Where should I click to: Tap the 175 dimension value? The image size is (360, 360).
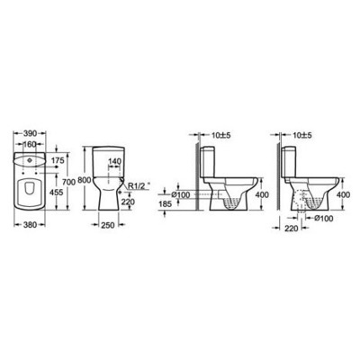point(58,159)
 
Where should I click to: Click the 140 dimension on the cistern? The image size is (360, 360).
point(116,162)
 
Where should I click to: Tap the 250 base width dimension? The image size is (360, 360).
point(110,225)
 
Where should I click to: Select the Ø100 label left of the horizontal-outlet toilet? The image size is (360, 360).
point(180,195)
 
